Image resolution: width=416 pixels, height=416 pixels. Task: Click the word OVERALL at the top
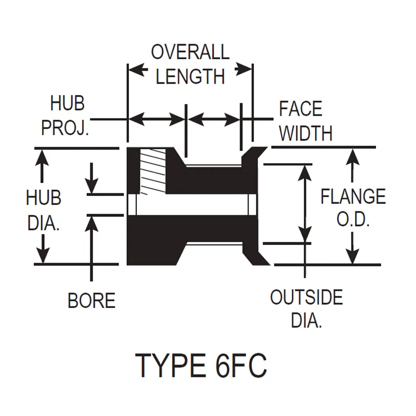pos(190,52)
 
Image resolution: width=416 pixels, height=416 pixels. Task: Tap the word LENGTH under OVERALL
pos(190,76)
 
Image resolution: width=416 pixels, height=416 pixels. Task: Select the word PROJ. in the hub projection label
pos(66,128)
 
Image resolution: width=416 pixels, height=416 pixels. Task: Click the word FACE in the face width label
pos(301,109)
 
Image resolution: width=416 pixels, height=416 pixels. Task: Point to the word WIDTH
pos(305,133)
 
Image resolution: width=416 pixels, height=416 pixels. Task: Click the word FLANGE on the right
pos(353,197)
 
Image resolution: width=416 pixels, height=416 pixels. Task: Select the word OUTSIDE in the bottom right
pos(306,298)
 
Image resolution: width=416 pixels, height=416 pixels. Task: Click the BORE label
pos(92,301)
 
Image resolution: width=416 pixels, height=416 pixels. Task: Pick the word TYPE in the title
pos(170,365)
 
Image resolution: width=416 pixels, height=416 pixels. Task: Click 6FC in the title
pos(240,365)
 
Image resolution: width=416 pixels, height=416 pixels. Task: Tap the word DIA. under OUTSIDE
pos(306,321)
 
